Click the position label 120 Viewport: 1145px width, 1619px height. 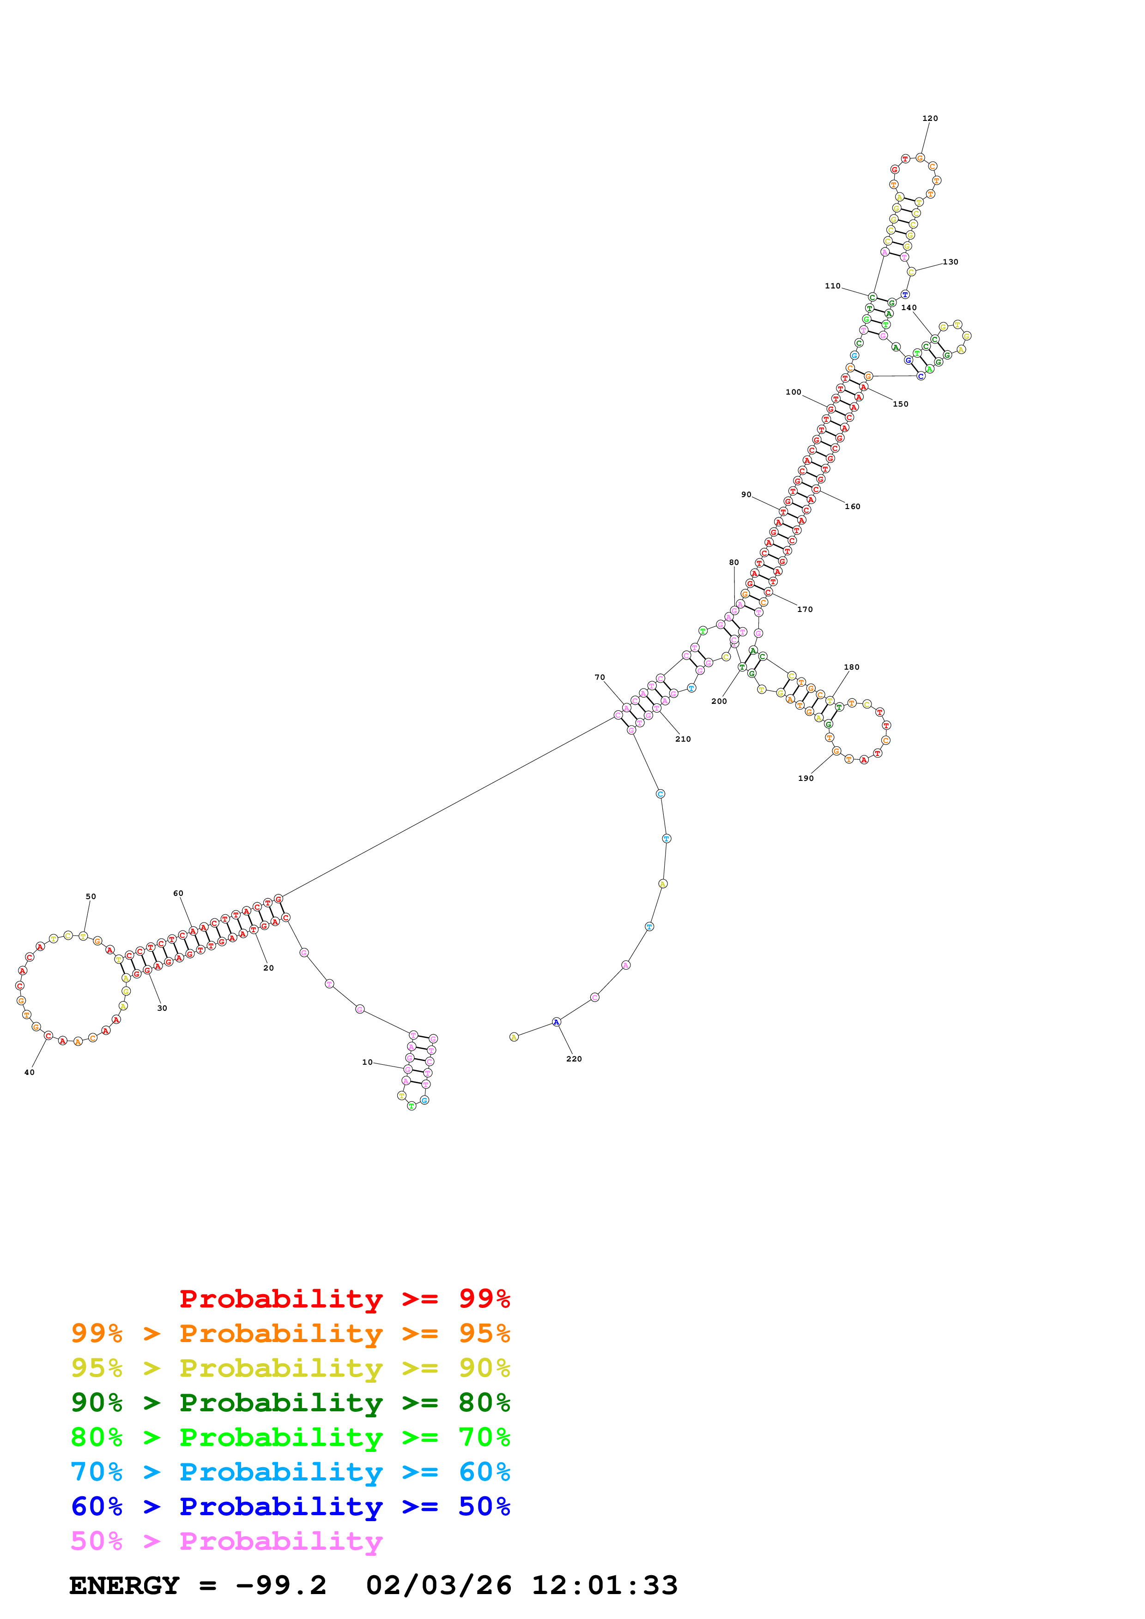pos(930,119)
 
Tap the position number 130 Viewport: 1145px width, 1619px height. pos(950,262)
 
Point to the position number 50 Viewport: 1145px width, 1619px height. pos(91,897)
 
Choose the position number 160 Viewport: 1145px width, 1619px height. pos(852,506)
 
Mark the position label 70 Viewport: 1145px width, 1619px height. pos(600,678)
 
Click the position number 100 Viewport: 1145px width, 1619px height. pos(793,392)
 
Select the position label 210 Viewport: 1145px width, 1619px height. pos(683,739)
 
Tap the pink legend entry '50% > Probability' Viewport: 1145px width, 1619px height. pos(226,1541)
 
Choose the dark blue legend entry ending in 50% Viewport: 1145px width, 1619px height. pos(290,1506)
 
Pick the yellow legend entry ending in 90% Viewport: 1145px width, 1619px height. pos(290,1368)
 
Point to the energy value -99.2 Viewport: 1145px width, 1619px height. pos(281,1585)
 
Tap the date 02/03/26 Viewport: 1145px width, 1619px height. pos(438,1585)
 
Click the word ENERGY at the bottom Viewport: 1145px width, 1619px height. pos(124,1585)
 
